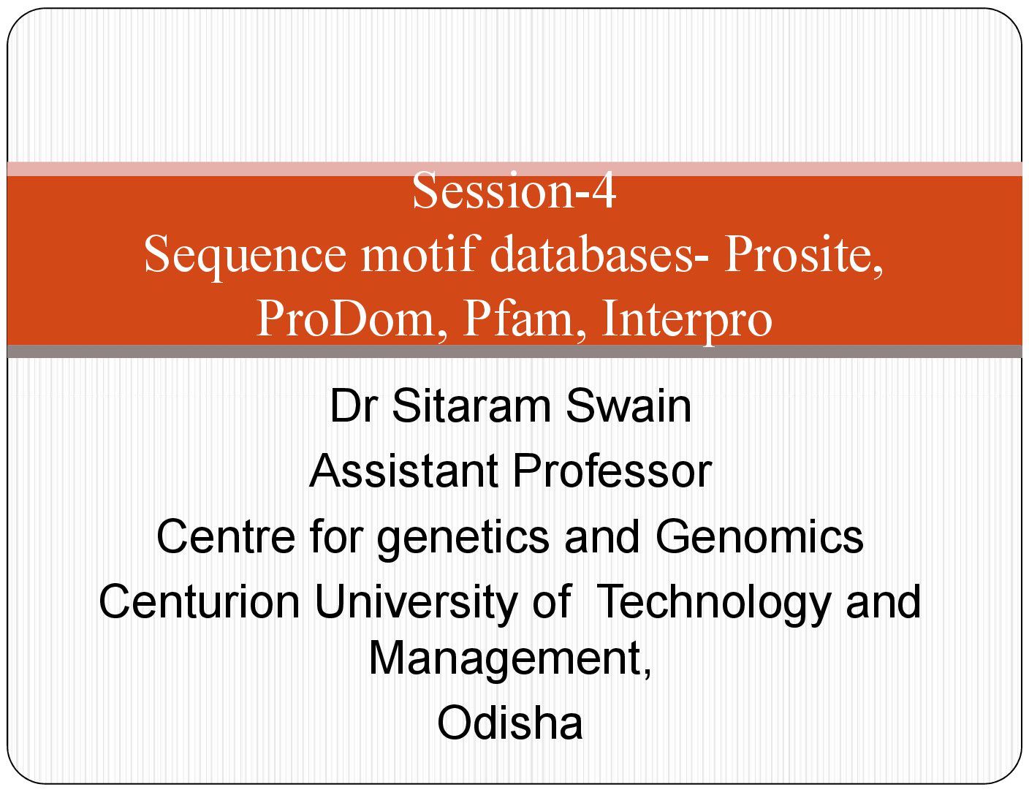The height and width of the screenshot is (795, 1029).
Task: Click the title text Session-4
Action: pos(514,190)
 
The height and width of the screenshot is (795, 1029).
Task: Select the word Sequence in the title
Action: pos(246,256)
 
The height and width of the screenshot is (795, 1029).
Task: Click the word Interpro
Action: pos(687,319)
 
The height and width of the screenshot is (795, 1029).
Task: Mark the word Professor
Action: pos(612,471)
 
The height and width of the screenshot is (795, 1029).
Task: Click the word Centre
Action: pos(227,536)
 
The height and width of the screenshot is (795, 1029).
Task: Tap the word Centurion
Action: pos(200,601)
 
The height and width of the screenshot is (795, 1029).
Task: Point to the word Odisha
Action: pos(509,723)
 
